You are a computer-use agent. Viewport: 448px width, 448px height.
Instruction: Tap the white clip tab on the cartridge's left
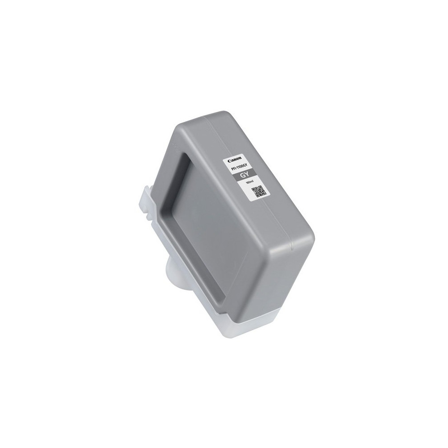tap(146, 202)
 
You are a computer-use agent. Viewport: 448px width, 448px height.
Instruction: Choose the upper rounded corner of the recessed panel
tap(186, 155)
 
